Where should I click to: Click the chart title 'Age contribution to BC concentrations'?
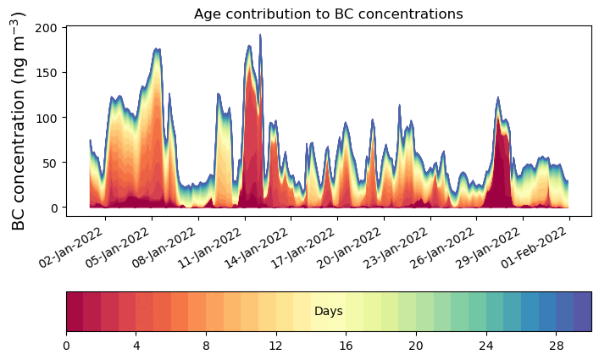[x=328, y=14]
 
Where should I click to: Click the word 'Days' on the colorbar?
[x=328, y=312]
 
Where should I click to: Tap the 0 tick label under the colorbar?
[x=66, y=346]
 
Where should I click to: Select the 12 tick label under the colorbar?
[x=275, y=346]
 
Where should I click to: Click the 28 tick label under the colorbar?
[x=555, y=346]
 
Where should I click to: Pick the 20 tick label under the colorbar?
[x=415, y=346]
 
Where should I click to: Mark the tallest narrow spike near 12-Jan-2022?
[x=260, y=36]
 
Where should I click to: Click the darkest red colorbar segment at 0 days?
[x=75, y=312]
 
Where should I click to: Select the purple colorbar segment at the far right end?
[x=582, y=312]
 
